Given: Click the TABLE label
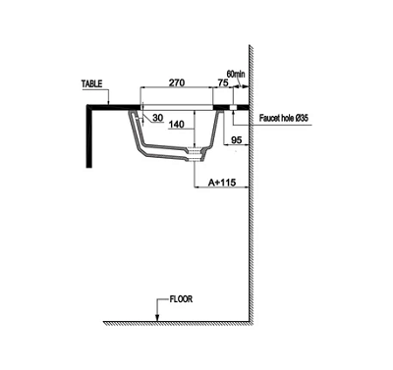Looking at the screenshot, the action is click(x=92, y=84).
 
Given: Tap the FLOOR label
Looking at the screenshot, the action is click(x=181, y=299).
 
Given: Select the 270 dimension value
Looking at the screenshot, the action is click(x=177, y=82).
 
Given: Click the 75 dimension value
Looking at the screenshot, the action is click(x=223, y=83).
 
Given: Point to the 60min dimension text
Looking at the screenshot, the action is click(x=236, y=74).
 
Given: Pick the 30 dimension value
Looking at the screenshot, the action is click(x=158, y=118).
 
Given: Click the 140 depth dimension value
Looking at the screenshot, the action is click(x=176, y=125).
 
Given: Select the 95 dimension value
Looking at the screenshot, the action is click(x=236, y=140).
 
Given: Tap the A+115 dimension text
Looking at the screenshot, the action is click(x=222, y=183).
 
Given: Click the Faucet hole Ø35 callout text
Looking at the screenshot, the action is click(x=284, y=118).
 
